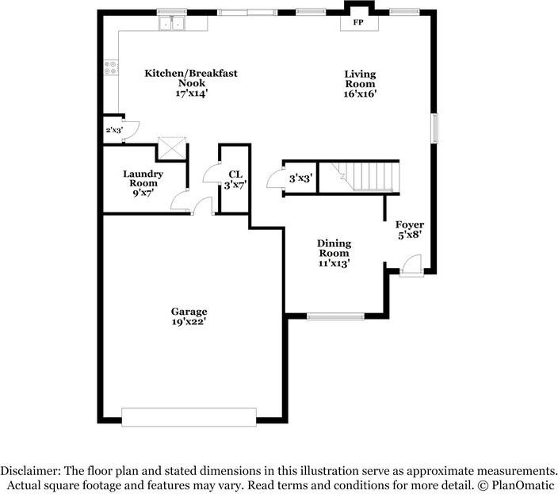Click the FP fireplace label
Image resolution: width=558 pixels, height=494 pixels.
click(x=359, y=22)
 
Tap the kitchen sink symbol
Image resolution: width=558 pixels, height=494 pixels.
click(x=172, y=24)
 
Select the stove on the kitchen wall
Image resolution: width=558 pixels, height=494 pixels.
click(x=111, y=69)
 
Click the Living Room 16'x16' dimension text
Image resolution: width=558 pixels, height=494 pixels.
click(x=360, y=93)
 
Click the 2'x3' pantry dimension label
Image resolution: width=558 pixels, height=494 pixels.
click(x=114, y=129)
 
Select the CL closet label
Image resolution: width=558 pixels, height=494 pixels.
click(x=235, y=174)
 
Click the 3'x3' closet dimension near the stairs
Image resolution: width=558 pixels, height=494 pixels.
click(x=300, y=179)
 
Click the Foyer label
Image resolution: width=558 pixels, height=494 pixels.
click(x=410, y=225)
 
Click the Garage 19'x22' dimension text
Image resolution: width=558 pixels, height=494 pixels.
click(x=189, y=322)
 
